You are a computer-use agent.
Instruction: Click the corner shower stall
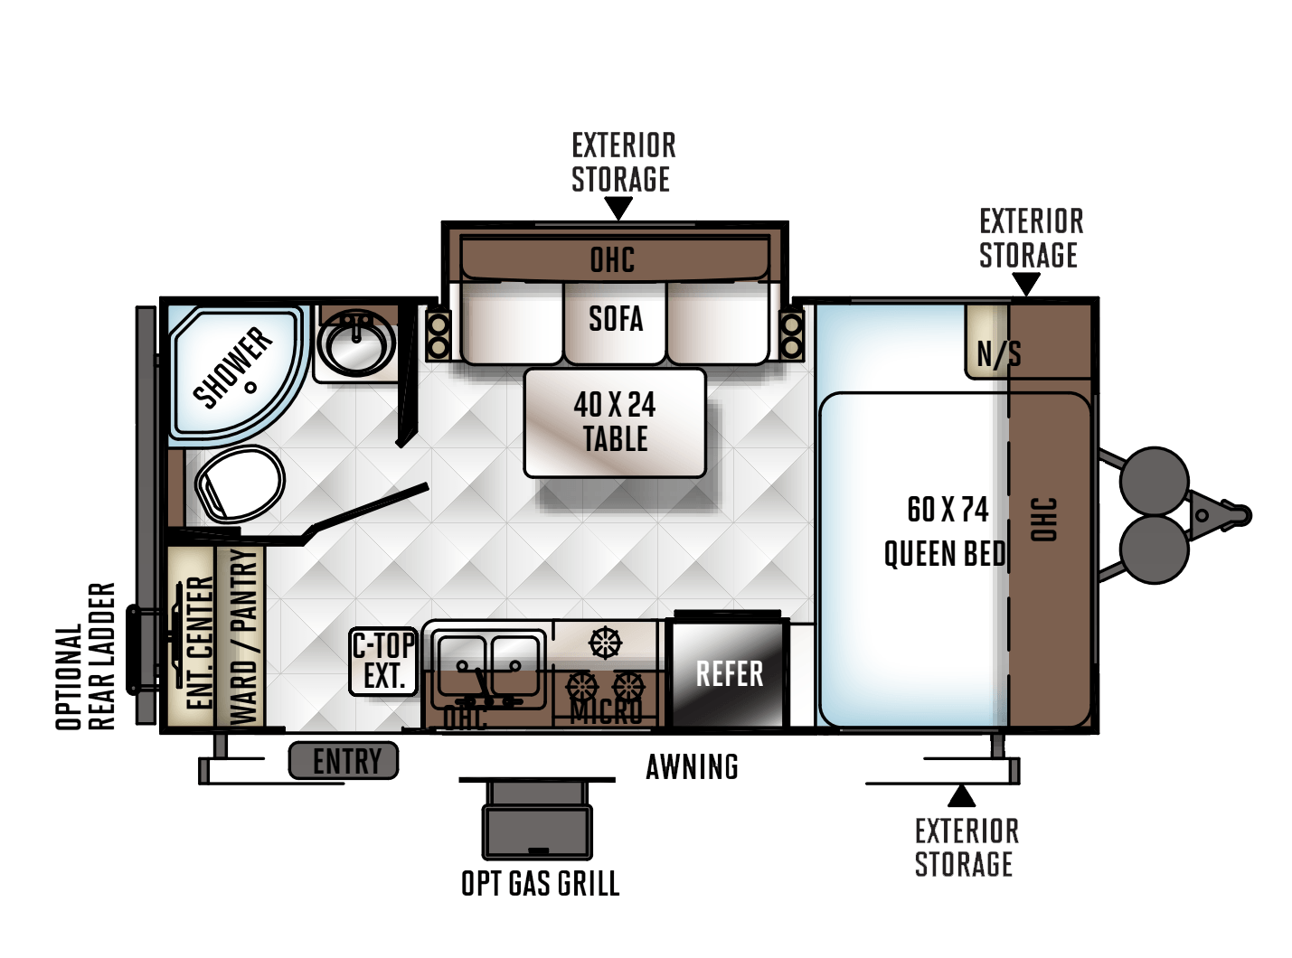pos(236,372)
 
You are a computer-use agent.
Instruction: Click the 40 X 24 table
pos(615,423)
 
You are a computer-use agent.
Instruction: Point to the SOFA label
pos(616,318)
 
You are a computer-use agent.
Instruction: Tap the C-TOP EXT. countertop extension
pos(383,661)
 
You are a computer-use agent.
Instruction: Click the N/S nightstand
pos(987,343)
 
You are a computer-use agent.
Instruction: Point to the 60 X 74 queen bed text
pos(945,531)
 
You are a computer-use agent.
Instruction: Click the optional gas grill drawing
pos(537,818)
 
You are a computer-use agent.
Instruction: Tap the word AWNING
pos(692,766)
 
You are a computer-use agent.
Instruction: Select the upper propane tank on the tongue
pos(1154,481)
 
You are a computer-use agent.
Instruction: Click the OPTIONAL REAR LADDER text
pos(85,656)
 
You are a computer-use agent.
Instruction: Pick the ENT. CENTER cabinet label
pos(200,643)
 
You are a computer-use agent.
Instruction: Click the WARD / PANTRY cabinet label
pos(243,636)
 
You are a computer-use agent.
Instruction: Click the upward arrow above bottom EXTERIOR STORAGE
pos(961,795)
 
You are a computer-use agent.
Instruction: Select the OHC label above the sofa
pos(612,259)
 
